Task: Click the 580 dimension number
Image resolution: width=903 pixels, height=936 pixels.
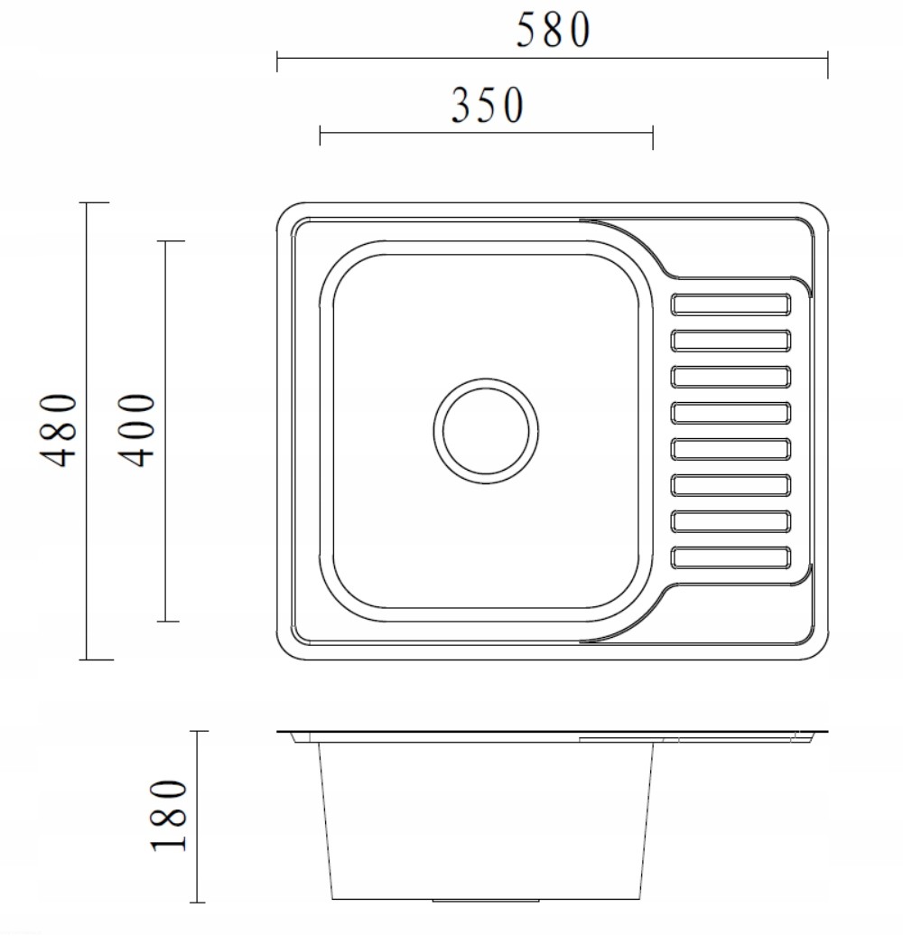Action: click(x=553, y=30)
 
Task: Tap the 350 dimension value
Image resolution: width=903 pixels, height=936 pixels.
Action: click(x=488, y=105)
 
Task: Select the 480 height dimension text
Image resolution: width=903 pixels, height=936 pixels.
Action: click(x=59, y=430)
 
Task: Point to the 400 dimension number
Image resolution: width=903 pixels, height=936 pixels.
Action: click(x=136, y=430)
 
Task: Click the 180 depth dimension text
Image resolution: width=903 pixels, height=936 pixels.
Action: click(x=169, y=816)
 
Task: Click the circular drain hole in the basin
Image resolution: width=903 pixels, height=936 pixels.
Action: click(x=486, y=430)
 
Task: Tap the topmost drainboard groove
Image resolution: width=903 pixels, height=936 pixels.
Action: click(x=731, y=304)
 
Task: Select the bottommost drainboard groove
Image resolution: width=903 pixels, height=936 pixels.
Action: click(x=731, y=557)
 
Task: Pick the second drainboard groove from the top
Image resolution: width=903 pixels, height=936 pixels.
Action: click(x=731, y=341)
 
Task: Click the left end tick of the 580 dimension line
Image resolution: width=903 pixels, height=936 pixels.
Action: click(x=276, y=61)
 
